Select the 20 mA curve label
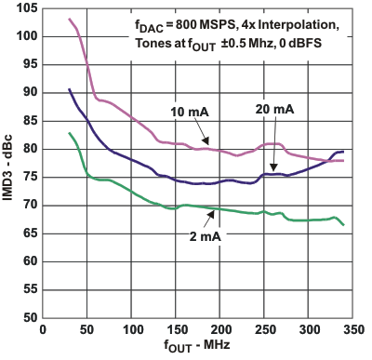click(x=274, y=110)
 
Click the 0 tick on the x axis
click(x=42, y=329)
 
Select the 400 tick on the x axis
click(x=364, y=329)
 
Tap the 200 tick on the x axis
click(x=203, y=329)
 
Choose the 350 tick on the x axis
click(x=324, y=329)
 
